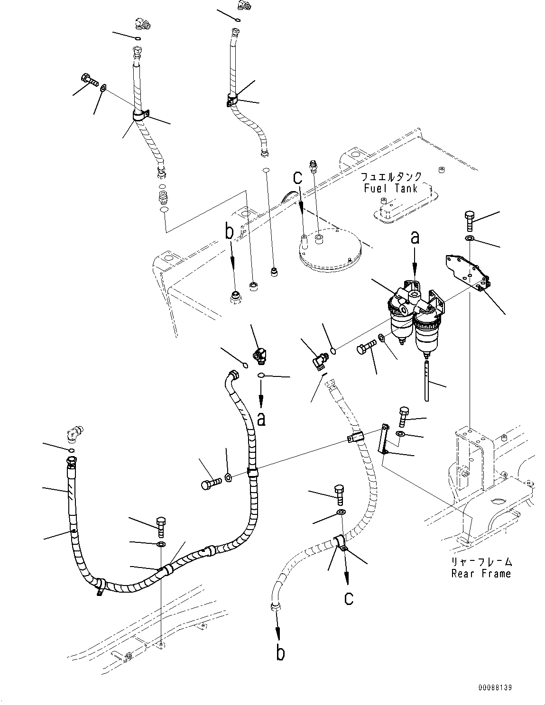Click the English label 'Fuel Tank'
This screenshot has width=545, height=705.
pos(390,188)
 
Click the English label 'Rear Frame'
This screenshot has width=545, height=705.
pos(480,573)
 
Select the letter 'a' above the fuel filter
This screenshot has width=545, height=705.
pos(415,238)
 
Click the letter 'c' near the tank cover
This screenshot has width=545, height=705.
pos(297,178)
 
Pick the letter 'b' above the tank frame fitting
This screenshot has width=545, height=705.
pos(230,232)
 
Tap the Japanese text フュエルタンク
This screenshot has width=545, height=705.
pos(390,177)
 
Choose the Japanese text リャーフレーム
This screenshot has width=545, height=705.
pos(480,562)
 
